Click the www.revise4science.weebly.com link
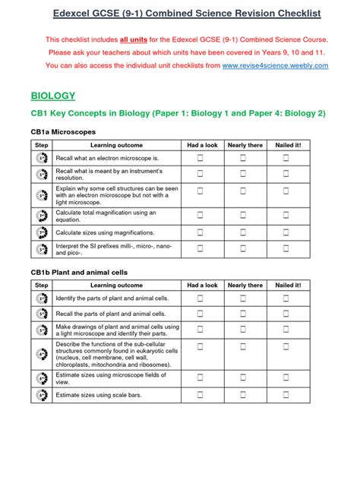tap(276, 66)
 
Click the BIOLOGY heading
tap(53, 96)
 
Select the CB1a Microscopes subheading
tap(63, 131)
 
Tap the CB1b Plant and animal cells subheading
tap(79, 272)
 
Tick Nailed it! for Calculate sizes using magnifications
tap(286, 233)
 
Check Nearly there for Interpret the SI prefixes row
tap(243, 248)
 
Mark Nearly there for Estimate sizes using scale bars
tap(243, 394)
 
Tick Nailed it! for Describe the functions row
tap(286, 353)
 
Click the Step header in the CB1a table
tap(42, 144)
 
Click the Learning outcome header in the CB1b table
tap(116, 285)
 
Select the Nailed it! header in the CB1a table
tap(287, 144)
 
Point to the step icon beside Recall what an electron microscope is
tap(42, 158)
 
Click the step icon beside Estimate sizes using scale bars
tap(42, 394)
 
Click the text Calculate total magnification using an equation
tap(106, 216)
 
